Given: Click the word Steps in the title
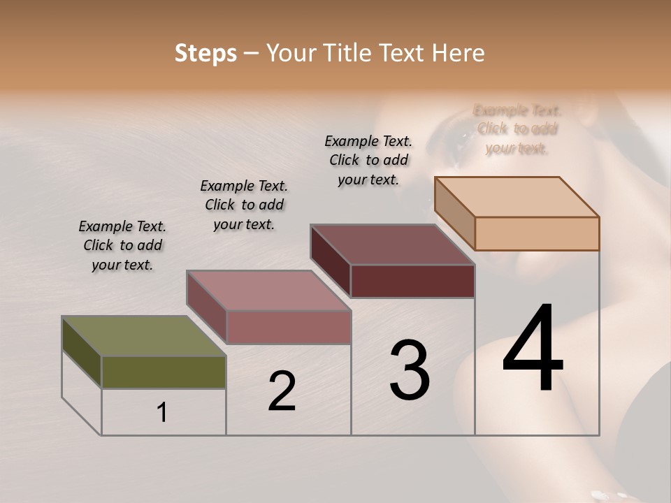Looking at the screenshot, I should coord(205,53).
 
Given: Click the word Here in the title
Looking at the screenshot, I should coord(459,53).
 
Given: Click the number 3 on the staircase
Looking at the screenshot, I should coord(410,370).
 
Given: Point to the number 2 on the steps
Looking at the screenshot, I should coord(282,391).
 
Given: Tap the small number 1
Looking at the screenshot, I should coord(162,413).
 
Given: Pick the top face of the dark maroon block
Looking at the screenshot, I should coord(392,245).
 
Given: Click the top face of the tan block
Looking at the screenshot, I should coord(517,197).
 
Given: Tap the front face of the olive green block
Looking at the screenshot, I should coord(164,372).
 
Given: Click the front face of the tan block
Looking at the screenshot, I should coord(537,233).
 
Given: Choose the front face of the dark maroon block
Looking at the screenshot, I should coord(412,281).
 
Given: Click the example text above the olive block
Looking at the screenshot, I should coord(122,245).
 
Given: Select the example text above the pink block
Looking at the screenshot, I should coord(244,205).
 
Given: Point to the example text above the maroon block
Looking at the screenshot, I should coord(368,160).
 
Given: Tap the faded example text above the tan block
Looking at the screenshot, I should coord(517,129).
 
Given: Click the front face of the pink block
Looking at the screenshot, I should coord(288,327).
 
